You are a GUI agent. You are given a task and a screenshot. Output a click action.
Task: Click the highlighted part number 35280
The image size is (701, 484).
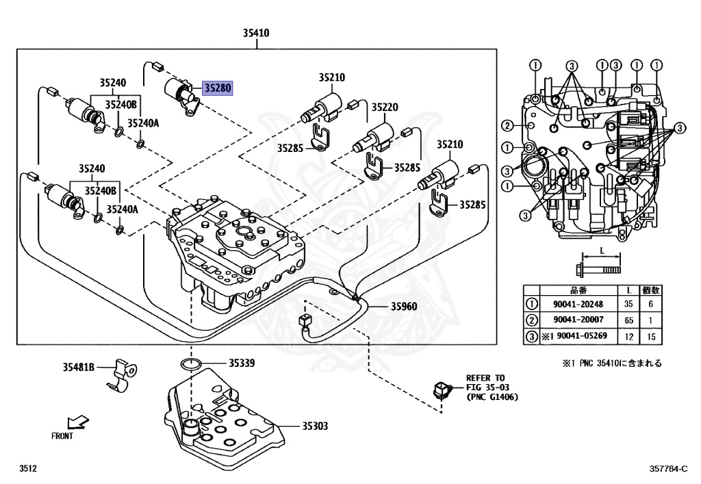pos(218,88)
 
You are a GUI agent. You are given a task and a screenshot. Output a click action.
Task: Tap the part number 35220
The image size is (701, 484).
pos(385,107)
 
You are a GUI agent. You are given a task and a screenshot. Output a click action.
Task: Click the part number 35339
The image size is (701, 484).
pos(242,364)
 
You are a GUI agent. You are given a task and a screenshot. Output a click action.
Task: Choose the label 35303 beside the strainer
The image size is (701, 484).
pos(314,426)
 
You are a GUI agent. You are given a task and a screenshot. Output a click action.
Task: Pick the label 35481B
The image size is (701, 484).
pos(79,368)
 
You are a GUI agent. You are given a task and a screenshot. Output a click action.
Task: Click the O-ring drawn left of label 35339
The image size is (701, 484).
pos(191,364)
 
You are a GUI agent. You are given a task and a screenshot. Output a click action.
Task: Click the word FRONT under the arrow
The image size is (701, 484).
pos(62,435)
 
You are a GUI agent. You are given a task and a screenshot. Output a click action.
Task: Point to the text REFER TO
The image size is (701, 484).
pos(485,378)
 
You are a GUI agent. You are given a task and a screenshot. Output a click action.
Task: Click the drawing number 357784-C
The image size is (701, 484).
pos(668,469)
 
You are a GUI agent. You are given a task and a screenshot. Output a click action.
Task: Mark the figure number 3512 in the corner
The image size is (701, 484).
pos(27,469)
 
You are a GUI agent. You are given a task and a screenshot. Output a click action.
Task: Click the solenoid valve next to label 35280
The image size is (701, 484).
pos(182,95)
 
